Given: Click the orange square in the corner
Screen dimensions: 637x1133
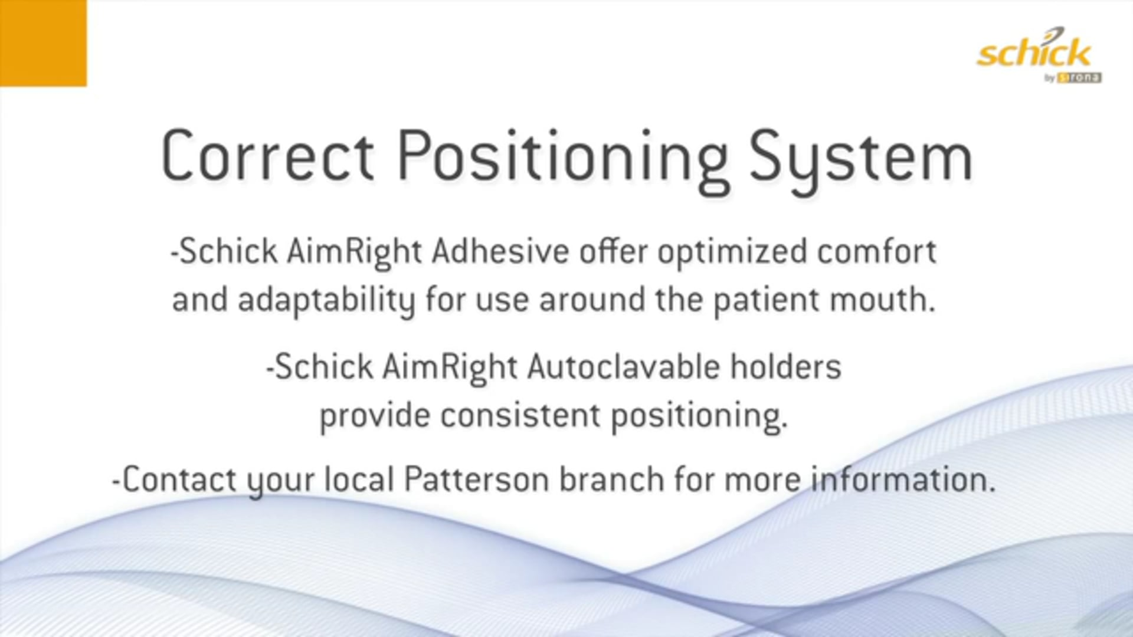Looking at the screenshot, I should click(43, 42).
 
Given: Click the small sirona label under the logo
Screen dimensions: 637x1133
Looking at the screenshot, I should click(1079, 78).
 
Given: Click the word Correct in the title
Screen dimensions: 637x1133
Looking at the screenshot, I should click(267, 156).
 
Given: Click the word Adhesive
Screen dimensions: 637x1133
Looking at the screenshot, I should click(500, 252).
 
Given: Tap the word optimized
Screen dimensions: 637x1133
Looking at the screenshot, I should click(732, 252).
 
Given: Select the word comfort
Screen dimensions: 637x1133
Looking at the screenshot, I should click(876, 252).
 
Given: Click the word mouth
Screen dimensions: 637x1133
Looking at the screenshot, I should click(882, 300).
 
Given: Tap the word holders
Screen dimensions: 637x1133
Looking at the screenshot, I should click(785, 367).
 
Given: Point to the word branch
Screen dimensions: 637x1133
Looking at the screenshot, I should click(611, 480).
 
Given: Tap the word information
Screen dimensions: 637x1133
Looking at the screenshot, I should click(902, 480).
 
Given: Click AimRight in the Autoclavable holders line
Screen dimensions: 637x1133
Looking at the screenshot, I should click(450, 367).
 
